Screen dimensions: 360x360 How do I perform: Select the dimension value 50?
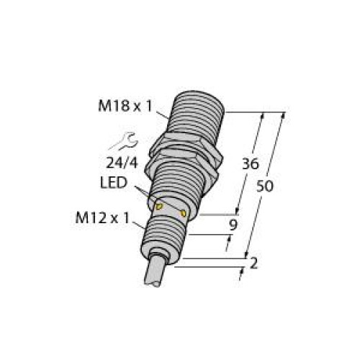265,186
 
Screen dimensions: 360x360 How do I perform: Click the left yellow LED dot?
160,208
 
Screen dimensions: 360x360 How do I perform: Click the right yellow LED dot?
185,214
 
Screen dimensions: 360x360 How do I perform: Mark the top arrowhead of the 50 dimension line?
287,116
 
